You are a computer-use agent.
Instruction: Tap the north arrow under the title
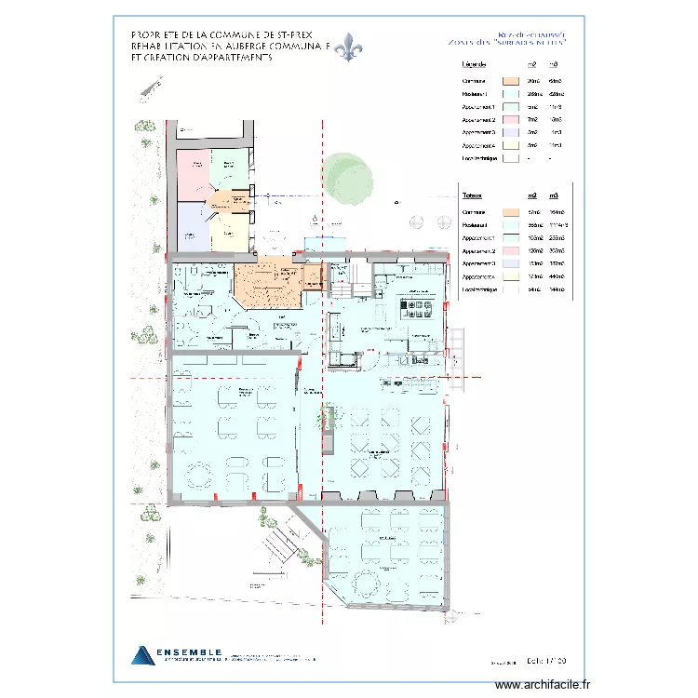[147, 87]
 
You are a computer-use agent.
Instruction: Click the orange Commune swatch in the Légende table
[510, 81]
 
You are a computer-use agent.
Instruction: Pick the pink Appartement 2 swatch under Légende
[510, 120]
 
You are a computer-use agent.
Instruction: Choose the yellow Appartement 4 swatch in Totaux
[510, 277]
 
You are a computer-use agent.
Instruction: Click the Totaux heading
[473, 195]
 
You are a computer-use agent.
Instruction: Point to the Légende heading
[476, 64]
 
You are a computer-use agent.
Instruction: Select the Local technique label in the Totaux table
[480, 290]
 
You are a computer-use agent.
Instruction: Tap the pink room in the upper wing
[194, 172]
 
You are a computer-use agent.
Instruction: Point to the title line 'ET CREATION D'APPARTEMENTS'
[202, 57]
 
